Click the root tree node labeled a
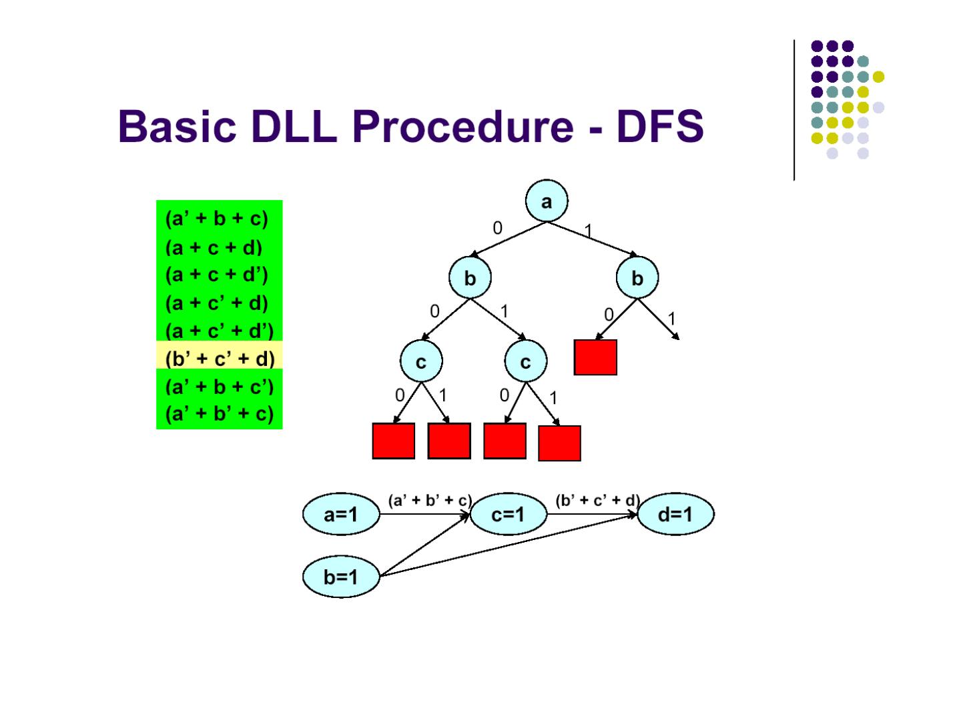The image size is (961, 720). coord(546,201)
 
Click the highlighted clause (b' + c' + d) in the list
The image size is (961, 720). coord(220,359)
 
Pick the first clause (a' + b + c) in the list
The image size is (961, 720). coord(216,219)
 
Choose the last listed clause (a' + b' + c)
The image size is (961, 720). coord(220,414)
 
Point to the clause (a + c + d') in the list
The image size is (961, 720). coord(216,275)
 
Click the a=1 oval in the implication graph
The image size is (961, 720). coord(341,515)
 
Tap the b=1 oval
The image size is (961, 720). coord(341,577)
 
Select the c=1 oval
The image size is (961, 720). coord(509,515)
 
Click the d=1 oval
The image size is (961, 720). coord(675,515)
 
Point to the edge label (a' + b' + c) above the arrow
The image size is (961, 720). coord(430,500)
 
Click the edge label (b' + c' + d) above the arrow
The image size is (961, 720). coord(597,500)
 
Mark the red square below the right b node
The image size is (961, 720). coord(595,357)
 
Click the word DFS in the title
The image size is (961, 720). coord(659,126)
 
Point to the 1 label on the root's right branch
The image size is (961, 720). coord(588,231)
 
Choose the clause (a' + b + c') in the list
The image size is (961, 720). coord(220,387)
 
